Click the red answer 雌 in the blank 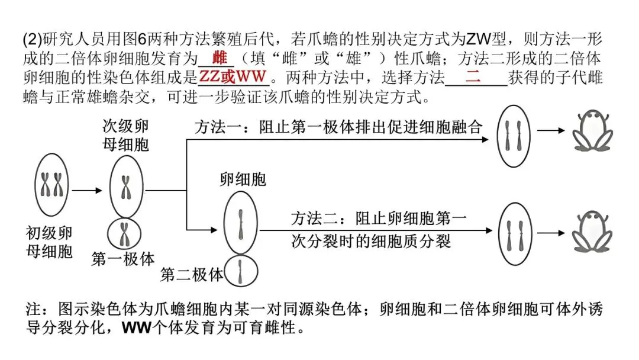click(220, 59)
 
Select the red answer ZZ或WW click(233, 77)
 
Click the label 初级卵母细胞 click(49, 242)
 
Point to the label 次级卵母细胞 click(125, 134)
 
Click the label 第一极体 click(123, 258)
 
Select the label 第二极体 click(192, 275)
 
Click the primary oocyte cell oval click(50, 185)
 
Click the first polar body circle click(125, 233)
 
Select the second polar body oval click(241, 272)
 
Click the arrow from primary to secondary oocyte click(87, 191)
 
